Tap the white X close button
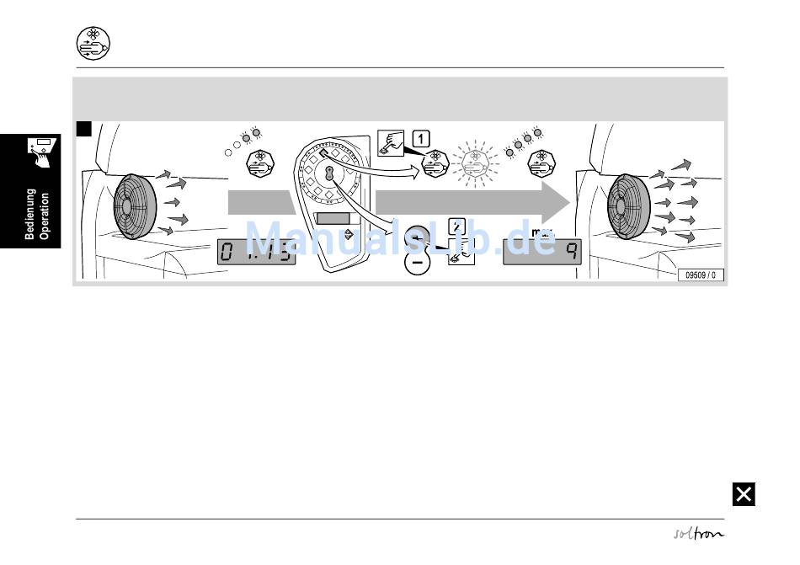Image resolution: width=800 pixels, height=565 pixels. click(x=744, y=494)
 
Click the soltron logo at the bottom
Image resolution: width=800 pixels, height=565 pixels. click(x=698, y=533)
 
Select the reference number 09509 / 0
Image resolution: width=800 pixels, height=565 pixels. click(x=701, y=275)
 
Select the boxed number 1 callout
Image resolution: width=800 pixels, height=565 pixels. click(x=422, y=137)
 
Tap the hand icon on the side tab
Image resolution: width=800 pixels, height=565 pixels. click(x=40, y=151)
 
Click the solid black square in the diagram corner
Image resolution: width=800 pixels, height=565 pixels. click(x=83, y=129)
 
